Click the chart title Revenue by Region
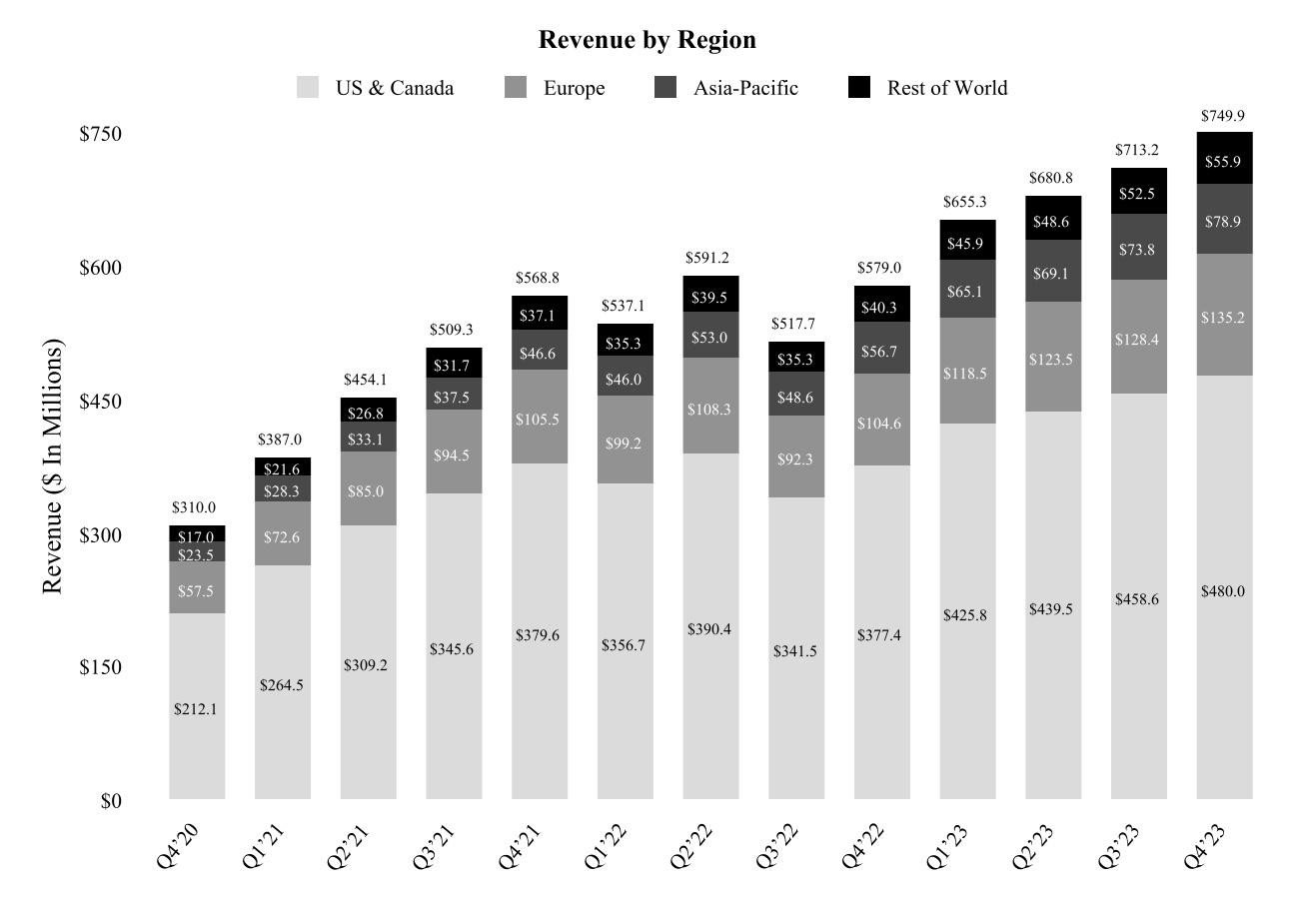(647, 40)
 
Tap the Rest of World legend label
(946, 88)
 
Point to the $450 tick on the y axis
(100, 402)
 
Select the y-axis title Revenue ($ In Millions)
(53, 467)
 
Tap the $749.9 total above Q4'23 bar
(1224, 116)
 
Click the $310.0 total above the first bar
(197, 508)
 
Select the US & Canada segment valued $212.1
(197, 708)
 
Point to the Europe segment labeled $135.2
(1224, 317)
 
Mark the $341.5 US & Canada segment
(796, 650)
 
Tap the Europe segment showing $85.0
(368, 490)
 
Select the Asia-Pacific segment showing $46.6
(540, 351)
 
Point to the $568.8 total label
(540, 278)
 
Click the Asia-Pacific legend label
(745, 88)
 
